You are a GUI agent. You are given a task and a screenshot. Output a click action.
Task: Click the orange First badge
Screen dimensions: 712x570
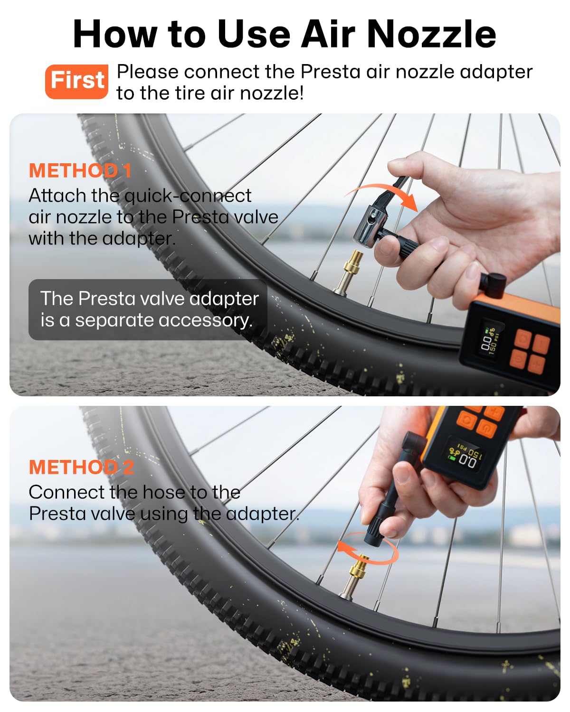pos(76,81)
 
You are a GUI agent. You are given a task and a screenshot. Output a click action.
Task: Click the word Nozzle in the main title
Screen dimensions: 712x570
pos(431,34)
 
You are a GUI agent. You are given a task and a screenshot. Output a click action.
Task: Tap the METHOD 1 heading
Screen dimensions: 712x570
pos(80,171)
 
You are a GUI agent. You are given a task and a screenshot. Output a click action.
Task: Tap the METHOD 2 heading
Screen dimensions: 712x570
pos(81,468)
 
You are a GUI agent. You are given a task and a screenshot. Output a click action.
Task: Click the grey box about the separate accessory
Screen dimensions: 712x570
pos(148,309)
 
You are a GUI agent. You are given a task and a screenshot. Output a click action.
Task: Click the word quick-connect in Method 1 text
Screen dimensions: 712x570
pos(188,196)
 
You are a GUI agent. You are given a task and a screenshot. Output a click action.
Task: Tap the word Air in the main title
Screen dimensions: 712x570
pos(330,34)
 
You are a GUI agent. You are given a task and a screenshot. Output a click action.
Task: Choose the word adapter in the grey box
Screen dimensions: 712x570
pos(224,299)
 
